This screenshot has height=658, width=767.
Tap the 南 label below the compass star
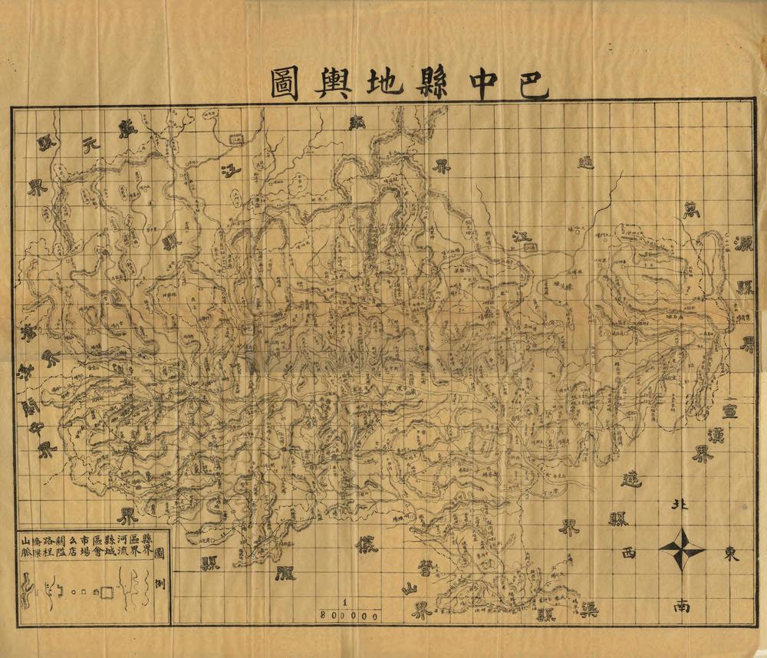682,605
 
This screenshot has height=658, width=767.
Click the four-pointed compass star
682,550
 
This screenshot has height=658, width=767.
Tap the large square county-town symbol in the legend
107,593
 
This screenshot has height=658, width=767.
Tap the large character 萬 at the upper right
692,209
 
